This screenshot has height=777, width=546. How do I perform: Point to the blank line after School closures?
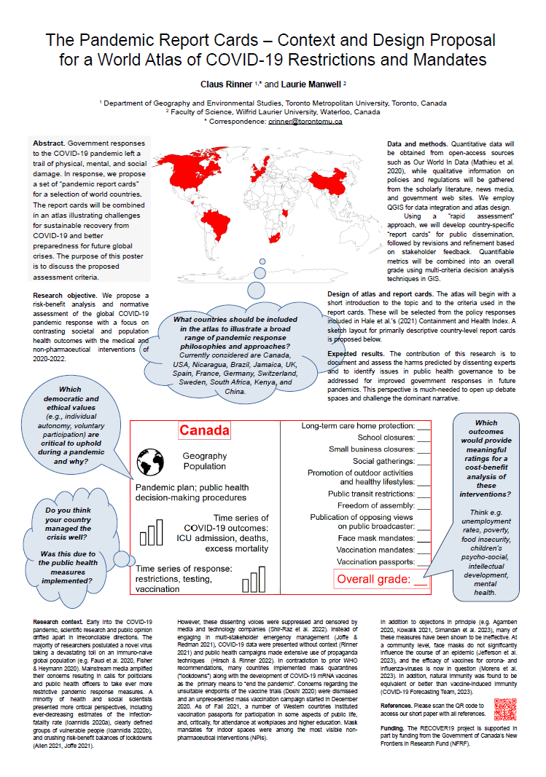tap(424, 438)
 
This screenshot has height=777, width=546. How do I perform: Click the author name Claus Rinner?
tap(225, 84)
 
